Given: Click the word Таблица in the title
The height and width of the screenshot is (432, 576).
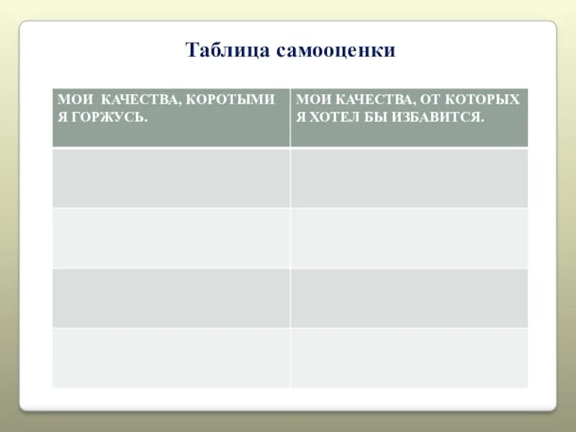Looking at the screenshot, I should pos(219,50).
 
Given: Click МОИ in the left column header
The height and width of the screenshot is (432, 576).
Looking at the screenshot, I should pos(73,99).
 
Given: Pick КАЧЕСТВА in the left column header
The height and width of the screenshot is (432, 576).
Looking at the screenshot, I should pos(141,99).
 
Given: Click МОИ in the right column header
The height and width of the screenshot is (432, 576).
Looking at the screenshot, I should pos(312,99).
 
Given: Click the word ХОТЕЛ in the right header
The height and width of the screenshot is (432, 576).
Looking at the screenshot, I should pos(338,117).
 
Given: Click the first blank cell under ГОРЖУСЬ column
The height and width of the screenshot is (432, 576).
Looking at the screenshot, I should pos(171,178).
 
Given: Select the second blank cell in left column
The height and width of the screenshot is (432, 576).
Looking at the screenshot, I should pos(171,238).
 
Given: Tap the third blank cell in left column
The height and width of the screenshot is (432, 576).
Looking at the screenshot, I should pos(171,297).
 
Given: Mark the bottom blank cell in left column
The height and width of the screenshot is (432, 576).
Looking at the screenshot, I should pos(171,357).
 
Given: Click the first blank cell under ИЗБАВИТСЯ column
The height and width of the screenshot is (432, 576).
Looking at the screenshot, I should pos(409,178).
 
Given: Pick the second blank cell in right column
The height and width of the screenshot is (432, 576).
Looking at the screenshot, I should pos(409,238).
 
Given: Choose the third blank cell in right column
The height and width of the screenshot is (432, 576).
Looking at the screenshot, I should pos(409,297).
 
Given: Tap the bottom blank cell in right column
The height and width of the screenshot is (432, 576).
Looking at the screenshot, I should pos(409,357).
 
